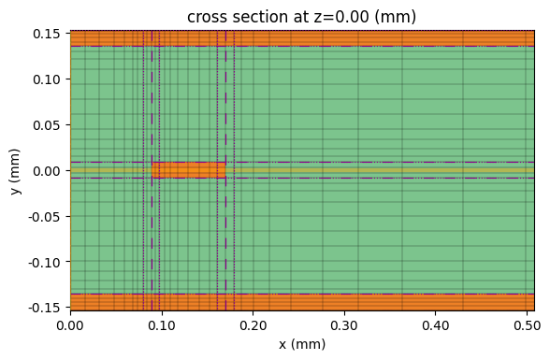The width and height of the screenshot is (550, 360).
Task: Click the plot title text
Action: (301, 17)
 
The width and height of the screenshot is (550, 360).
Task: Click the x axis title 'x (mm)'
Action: (301, 344)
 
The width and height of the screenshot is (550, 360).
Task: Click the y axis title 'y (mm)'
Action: (16, 170)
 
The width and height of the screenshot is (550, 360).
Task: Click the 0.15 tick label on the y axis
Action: (48, 35)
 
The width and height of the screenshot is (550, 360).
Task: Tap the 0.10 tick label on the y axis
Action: (48, 79)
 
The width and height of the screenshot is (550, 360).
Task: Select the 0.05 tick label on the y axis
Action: (48, 125)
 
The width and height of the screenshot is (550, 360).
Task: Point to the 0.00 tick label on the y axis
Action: (48, 171)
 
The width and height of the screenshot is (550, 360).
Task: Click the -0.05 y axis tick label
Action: (45, 216)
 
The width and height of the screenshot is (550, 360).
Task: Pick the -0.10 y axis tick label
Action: (45, 262)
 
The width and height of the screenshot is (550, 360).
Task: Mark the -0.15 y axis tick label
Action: (45, 307)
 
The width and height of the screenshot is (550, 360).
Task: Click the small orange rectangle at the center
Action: (189, 170)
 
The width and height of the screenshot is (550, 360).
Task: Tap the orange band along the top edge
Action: (301, 38)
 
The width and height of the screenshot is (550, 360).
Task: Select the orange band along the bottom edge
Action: (301, 302)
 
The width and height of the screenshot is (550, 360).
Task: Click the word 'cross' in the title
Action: (207, 17)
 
